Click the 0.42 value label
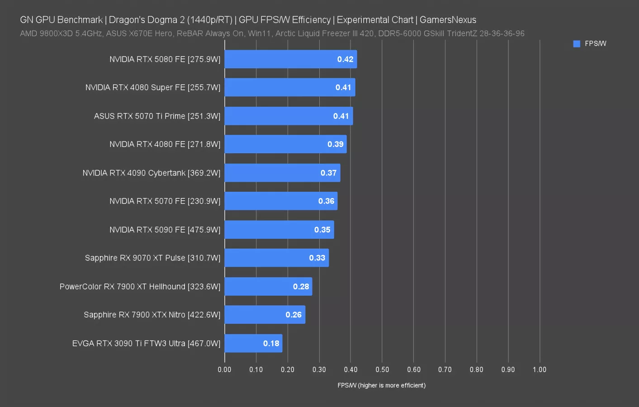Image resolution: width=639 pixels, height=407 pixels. coord(345,59)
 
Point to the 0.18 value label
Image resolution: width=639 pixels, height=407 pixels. coord(271,343)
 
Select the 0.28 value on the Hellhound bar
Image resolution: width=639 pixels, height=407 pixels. coord(301,287)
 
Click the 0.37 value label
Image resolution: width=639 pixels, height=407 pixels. coord(328,173)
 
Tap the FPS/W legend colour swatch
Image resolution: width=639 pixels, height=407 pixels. coord(577,44)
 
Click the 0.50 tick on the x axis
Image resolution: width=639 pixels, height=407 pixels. coord(382,369)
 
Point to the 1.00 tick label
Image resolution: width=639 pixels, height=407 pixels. coord(539,369)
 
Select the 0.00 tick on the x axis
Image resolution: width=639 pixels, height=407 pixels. coord(224,369)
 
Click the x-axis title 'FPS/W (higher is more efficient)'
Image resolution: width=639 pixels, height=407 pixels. coord(381,385)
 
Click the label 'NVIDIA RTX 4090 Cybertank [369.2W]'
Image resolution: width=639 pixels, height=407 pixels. coord(151,173)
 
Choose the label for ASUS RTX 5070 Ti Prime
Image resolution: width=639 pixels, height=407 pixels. coord(157,116)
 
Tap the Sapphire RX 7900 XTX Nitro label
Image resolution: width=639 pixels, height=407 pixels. coord(152,315)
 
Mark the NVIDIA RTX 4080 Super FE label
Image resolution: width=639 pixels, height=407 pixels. coord(153,87)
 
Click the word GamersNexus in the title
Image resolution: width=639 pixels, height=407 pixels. coord(448,20)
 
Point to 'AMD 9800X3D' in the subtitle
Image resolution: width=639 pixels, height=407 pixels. coord(46,33)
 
